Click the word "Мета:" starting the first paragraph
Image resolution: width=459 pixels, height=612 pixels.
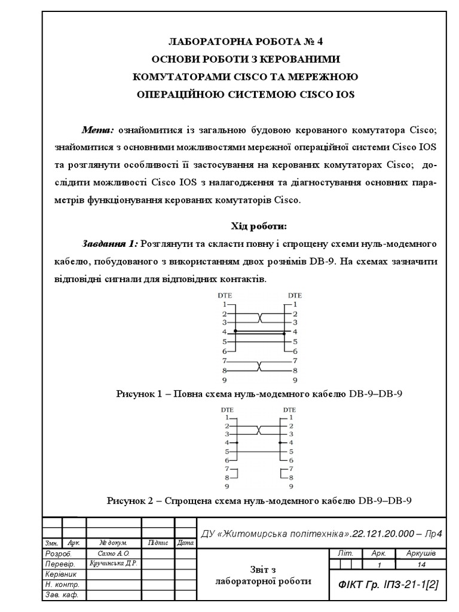98,130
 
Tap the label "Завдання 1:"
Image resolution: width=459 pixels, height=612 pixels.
111,244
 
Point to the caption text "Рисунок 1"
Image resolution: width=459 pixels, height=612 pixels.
139,393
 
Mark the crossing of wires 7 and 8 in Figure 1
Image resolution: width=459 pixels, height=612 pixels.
260,366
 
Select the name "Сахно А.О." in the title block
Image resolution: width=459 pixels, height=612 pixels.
112,554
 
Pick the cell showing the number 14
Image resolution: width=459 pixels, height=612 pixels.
421,564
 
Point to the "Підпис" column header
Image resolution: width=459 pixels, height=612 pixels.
157,543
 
